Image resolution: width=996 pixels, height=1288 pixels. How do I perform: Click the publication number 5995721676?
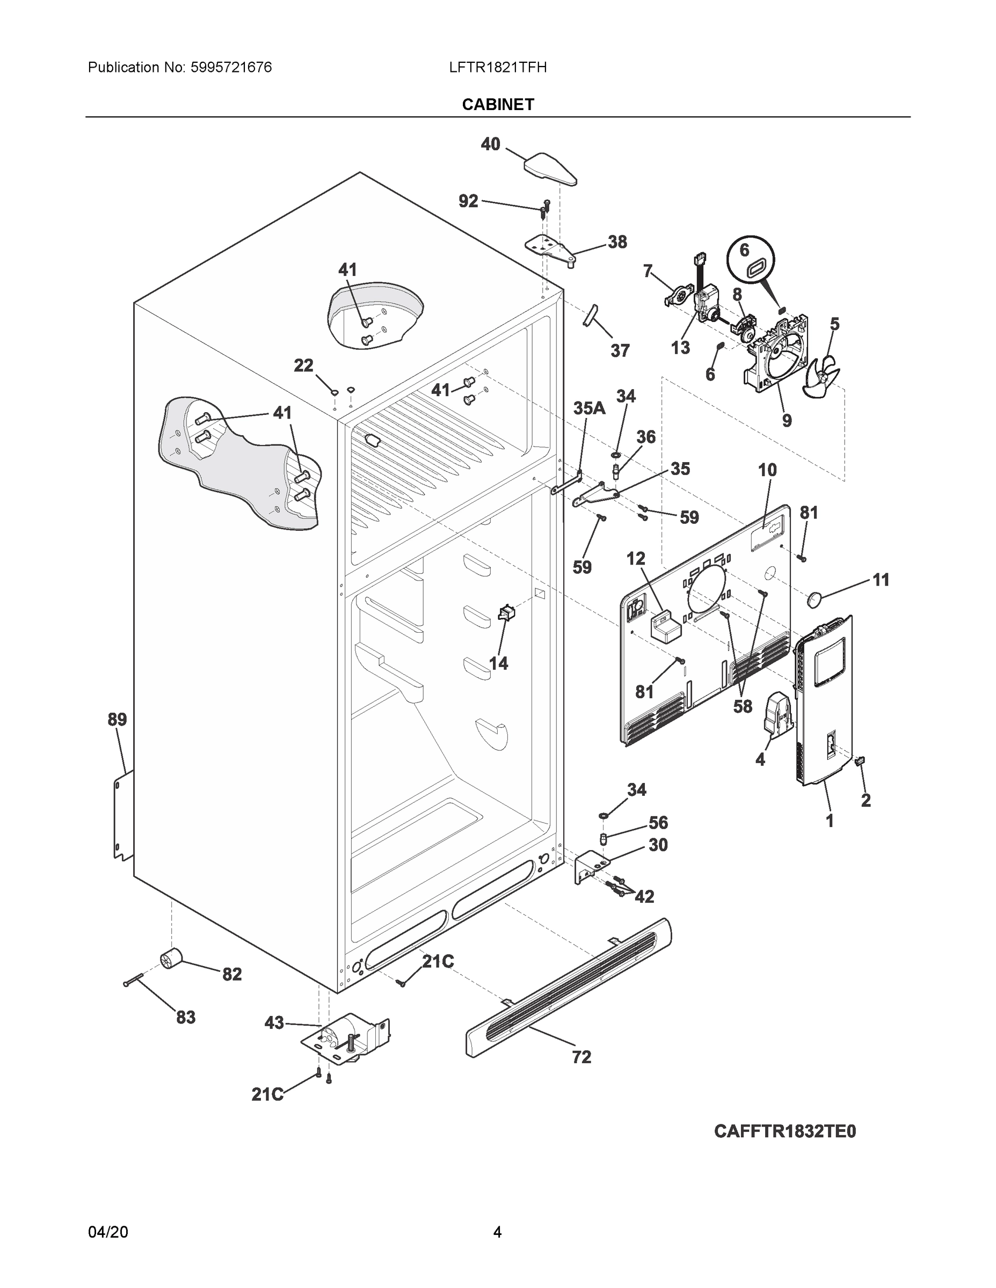pyautogui.click(x=231, y=67)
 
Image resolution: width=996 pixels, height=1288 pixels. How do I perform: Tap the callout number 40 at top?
pyautogui.click(x=490, y=144)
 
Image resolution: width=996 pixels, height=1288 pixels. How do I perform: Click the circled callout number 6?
pyautogui.click(x=745, y=250)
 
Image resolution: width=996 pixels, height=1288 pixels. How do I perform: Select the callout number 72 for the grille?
pyautogui.click(x=581, y=1057)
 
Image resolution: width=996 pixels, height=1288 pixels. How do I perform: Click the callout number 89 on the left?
pyautogui.click(x=117, y=720)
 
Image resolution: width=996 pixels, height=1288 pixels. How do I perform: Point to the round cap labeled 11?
pyautogui.click(x=815, y=600)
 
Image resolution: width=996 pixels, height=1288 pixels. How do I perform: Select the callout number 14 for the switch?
pyautogui.click(x=499, y=663)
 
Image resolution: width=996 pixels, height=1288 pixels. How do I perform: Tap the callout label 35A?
pyautogui.click(x=589, y=408)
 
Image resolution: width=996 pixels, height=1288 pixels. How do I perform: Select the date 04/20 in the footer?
pyautogui.click(x=108, y=1232)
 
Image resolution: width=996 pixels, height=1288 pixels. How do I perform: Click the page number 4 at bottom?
pyautogui.click(x=497, y=1232)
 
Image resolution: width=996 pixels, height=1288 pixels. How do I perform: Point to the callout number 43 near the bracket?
pyautogui.click(x=274, y=1022)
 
